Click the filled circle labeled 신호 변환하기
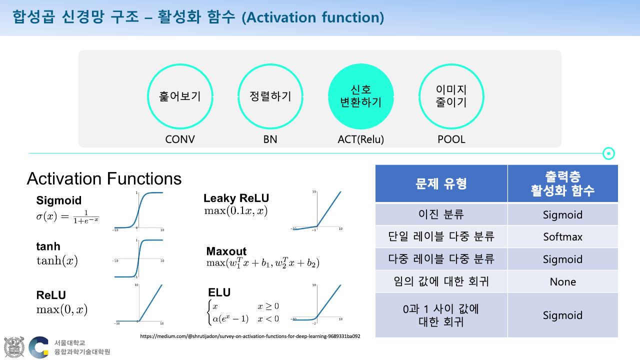pos(361,96)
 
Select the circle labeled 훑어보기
pos(180,96)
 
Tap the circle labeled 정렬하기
pos(270,96)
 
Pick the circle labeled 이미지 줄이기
pos(451,96)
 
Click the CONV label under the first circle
pos(180,139)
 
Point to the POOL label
pos(451,139)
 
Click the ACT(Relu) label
pos(361,139)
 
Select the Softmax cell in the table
pos(562,236)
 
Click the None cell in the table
pos(562,281)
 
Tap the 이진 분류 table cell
pos(441,214)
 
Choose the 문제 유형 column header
pos(441,183)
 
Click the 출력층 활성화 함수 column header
pos(562,183)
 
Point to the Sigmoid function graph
pos(138,210)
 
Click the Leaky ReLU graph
pos(317,210)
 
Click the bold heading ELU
pos(219,292)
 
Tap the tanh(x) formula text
pos(57,260)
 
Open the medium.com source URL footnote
pos(250,336)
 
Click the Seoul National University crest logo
pos(14,347)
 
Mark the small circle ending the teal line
pos(608,153)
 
